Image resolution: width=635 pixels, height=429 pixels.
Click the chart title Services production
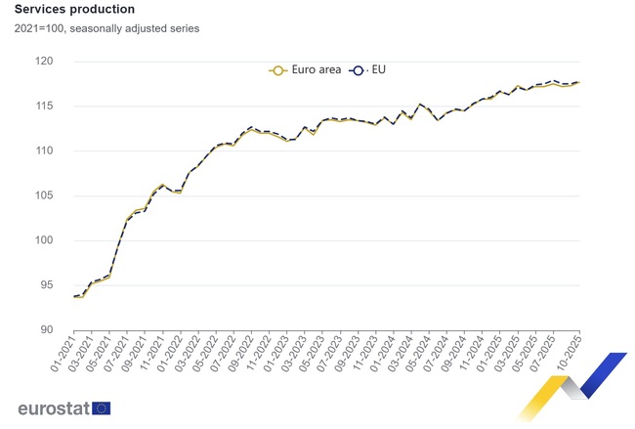pyautogui.click(x=74, y=10)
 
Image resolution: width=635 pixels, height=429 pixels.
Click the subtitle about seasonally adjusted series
pyautogui.click(x=106, y=28)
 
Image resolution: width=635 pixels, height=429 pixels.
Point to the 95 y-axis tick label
pyautogui.click(x=47, y=285)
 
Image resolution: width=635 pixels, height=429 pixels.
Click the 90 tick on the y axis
pyautogui.click(x=47, y=329)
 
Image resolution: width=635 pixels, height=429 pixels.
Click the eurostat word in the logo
pyautogui.click(x=53, y=408)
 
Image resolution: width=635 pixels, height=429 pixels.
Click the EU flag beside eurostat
pyautogui.click(x=101, y=408)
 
